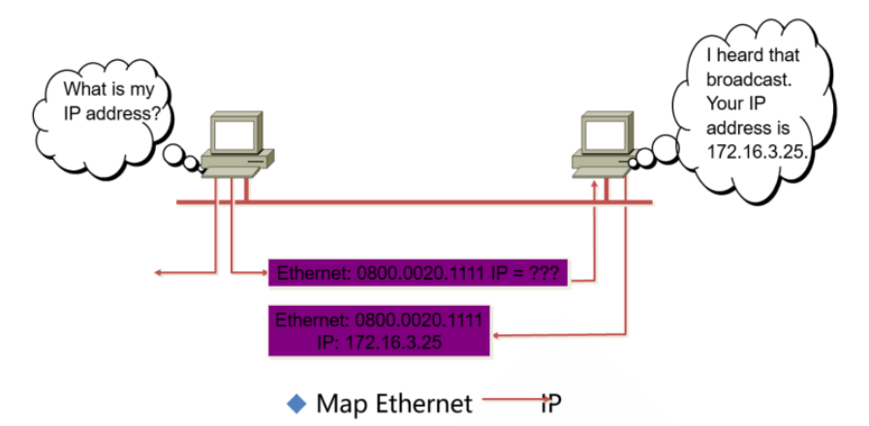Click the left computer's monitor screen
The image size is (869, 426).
coord(233,135)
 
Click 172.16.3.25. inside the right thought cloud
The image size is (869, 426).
coord(759,151)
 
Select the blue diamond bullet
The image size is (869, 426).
coord(297,402)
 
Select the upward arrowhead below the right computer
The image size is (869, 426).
coord(594,184)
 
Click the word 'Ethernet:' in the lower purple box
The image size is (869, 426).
coord(313,319)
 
